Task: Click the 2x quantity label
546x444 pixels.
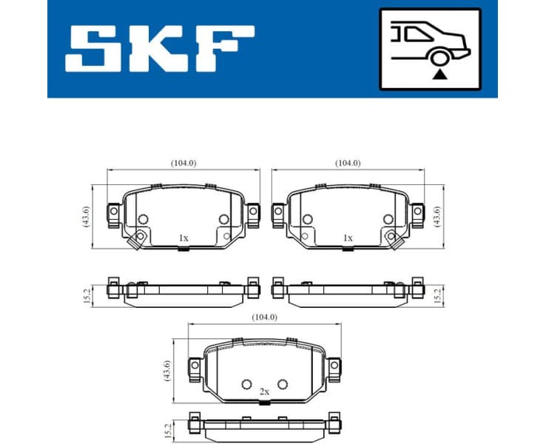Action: click(x=264, y=391)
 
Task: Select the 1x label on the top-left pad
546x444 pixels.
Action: click(x=183, y=238)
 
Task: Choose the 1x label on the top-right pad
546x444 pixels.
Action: click(x=347, y=238)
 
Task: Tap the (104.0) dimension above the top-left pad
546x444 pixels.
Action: click(x=183, y=162)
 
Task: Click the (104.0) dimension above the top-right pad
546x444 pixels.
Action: click(x=347, y=162)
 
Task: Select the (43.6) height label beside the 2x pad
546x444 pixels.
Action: click(x=168, y=371)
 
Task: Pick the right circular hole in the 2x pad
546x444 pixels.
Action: click(x=281, y=383)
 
